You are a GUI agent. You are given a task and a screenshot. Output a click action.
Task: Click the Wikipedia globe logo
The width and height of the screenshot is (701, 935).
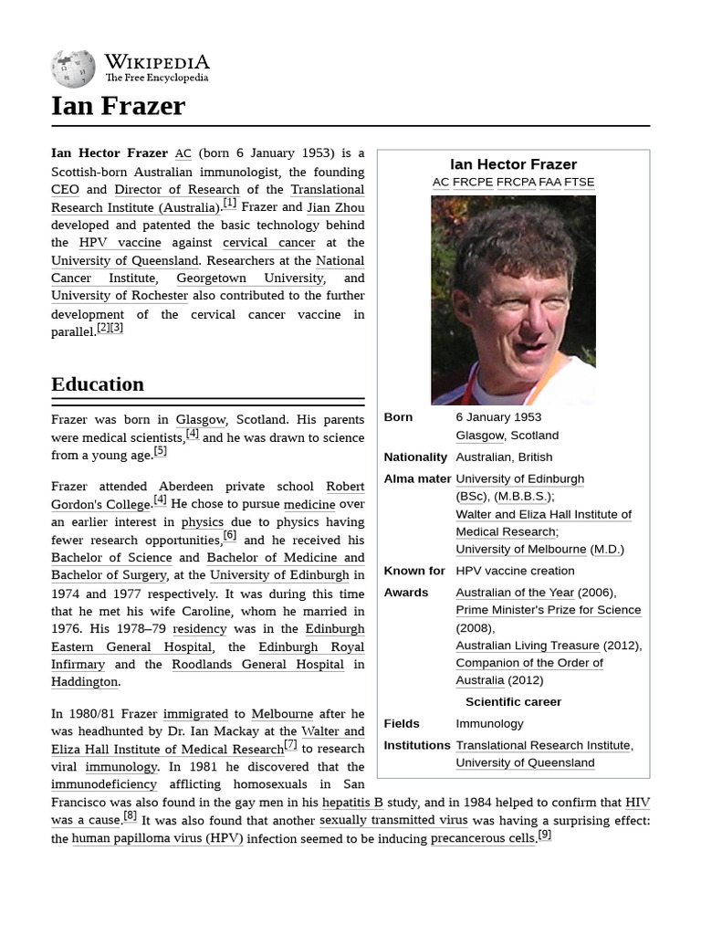point(73,67)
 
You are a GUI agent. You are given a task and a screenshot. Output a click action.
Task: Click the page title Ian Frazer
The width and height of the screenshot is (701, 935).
point(118,107)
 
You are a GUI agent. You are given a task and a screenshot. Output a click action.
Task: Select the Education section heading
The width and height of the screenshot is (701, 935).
point(98,383)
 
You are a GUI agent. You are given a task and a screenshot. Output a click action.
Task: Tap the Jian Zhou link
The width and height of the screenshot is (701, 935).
point(335,207)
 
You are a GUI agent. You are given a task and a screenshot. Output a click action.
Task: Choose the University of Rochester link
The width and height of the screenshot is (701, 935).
point(120,296)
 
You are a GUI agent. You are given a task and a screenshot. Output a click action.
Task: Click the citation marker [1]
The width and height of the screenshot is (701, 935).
point(229,204)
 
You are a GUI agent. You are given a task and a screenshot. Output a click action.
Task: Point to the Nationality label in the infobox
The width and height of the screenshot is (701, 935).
point(415,457)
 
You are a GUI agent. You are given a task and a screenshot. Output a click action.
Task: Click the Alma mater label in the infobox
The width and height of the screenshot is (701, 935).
point(417,478)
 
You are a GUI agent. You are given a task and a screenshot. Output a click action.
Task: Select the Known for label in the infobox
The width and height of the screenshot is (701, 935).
point(414,571)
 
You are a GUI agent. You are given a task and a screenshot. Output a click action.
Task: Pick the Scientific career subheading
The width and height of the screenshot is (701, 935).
point(513,701)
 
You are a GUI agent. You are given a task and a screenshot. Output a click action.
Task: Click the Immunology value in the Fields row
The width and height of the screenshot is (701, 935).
point(489,723)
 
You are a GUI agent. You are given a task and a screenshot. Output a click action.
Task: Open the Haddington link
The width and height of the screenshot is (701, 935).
point(84,681)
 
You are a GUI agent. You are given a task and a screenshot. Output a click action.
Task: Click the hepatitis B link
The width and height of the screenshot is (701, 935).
point(352,803)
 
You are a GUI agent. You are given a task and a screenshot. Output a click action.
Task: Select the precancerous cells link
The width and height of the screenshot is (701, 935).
point(483,838)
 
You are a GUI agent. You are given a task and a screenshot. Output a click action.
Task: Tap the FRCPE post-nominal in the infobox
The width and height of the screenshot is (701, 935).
point(473,182)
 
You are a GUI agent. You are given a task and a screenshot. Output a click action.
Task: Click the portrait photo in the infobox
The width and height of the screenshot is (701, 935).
point(513,300)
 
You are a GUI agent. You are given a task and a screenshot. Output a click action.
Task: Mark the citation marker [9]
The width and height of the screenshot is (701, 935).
point(544,835)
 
